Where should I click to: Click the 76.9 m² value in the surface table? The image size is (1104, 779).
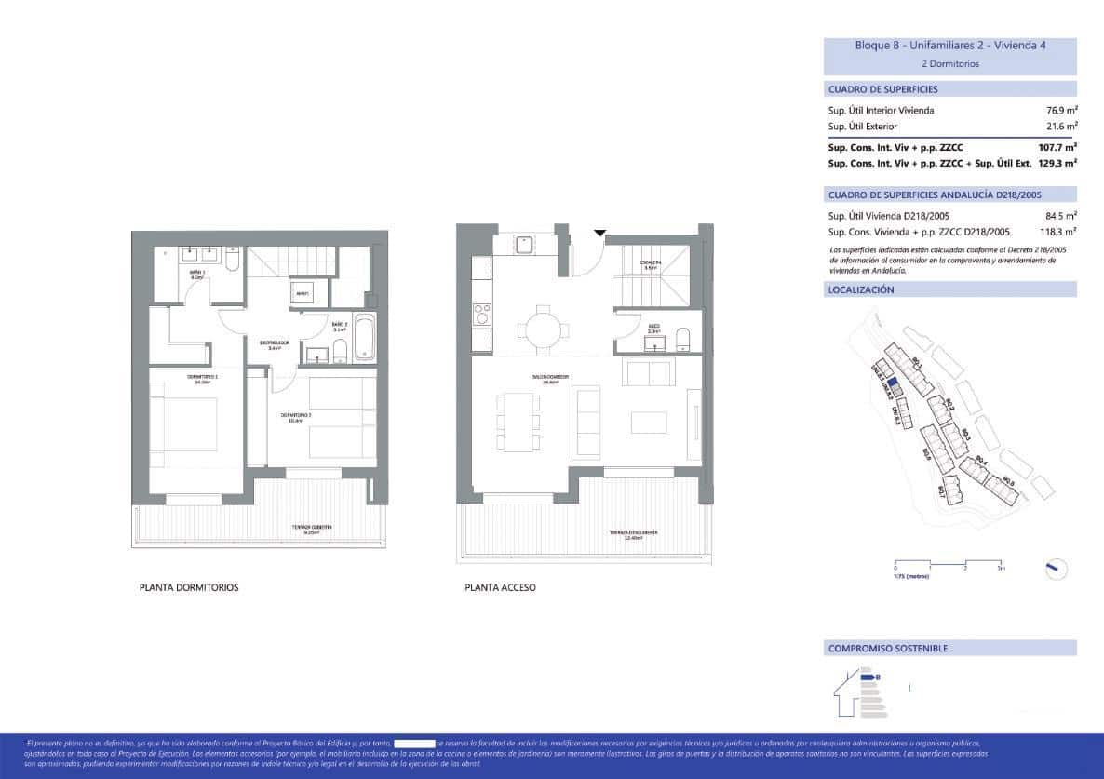(1061, 110)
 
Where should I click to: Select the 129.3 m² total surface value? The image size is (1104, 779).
(1057, 162)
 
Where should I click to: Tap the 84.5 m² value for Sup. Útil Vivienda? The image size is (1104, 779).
(1061, 216)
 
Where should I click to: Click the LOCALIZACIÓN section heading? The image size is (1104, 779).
(861, 290)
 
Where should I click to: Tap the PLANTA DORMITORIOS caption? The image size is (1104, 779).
(189, 588)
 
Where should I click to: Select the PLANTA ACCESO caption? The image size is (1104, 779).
(500, 588)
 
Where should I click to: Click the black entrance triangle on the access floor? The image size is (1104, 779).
(599, 233)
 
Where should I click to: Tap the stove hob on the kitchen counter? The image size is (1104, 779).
(482, 314)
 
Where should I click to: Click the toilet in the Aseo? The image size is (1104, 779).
(683, 337)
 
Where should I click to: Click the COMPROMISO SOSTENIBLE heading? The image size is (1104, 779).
(888, 649)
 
